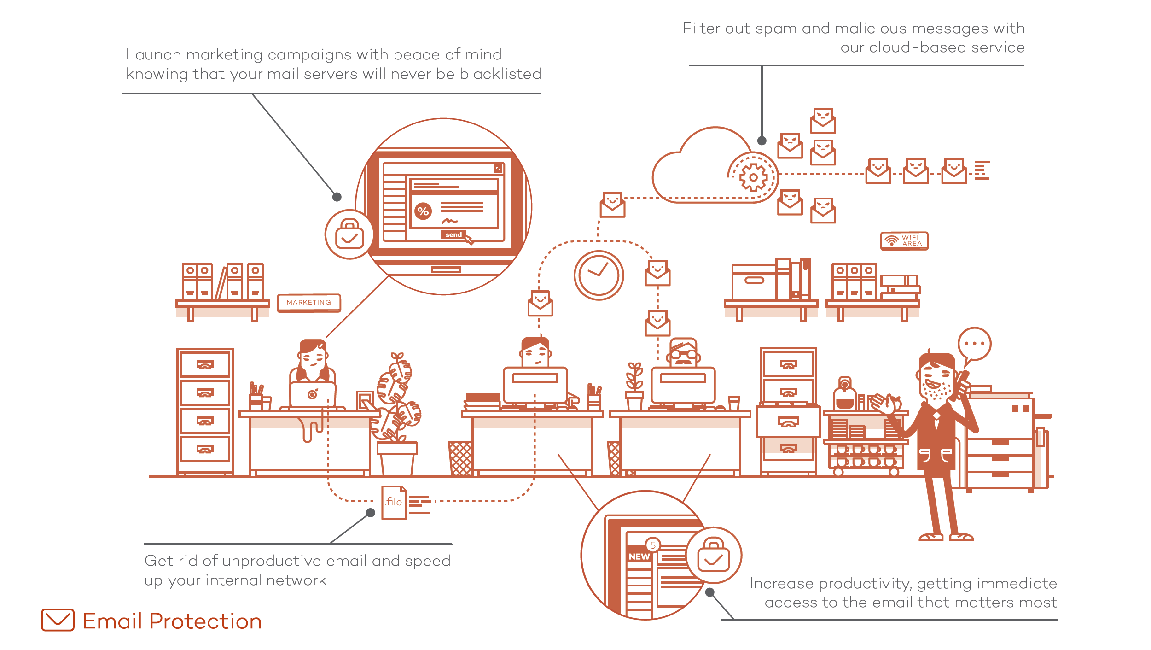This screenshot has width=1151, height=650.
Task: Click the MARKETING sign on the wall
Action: (309, 303)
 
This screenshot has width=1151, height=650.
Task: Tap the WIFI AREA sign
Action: (904, 241)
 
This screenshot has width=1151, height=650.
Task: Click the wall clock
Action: (599, 275)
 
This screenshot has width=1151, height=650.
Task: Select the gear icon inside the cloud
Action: (753, 177)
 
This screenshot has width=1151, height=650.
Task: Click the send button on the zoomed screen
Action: (453, 234)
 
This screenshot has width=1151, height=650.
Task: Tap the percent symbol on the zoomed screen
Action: (423, 211)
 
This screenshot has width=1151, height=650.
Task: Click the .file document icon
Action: (394, 502)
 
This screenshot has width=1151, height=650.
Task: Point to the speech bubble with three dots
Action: (974, 345)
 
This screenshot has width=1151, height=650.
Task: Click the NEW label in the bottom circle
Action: (639, 556)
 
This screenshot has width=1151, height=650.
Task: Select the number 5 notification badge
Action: (652, 545)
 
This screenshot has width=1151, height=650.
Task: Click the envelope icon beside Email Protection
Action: (58, 620)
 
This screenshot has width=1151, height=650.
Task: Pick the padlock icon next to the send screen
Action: (349, 234)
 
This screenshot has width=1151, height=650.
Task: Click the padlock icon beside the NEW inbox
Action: (714, 555)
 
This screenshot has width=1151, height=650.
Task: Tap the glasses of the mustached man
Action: (684, 355)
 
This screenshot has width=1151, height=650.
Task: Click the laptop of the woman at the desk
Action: (313, 395)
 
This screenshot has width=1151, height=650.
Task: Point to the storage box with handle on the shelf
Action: (754, 282)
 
